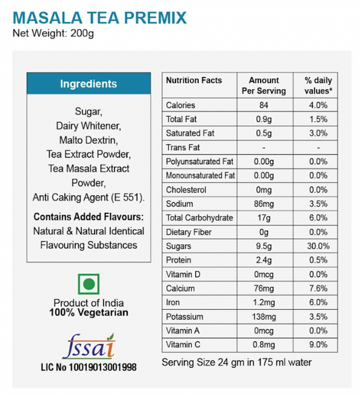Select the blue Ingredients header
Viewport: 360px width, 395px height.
88,84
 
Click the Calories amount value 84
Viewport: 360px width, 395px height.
263,105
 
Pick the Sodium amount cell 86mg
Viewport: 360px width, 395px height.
263,203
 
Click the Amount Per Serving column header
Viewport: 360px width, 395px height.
263,86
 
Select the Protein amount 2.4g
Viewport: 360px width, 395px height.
263,260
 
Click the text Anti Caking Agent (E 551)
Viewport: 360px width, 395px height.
88,197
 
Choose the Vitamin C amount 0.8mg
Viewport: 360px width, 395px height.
263,344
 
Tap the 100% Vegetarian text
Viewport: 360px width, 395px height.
88,313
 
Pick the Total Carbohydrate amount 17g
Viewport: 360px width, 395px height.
263,217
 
